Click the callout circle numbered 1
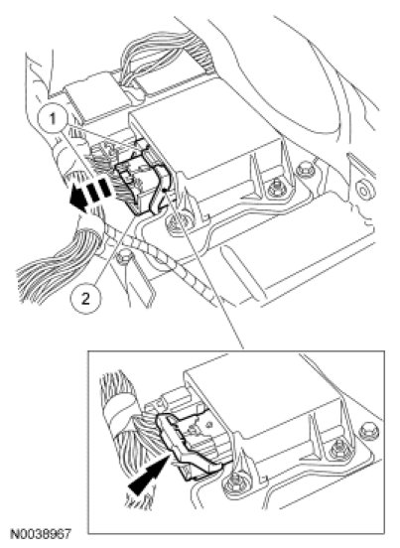click(52, 119)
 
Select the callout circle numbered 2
click(85, 299)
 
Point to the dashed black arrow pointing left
click(91, 195)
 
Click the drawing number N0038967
click(41, 534)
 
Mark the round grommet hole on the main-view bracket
click(364, 192)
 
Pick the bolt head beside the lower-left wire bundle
click(124, 258)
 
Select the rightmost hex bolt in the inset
click(366, 432)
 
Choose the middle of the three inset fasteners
click(338, 449)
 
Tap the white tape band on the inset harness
click(115, 412)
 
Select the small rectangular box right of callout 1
click(91, 91)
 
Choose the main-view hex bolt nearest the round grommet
click(305, 170)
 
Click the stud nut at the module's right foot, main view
click(276, 189)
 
